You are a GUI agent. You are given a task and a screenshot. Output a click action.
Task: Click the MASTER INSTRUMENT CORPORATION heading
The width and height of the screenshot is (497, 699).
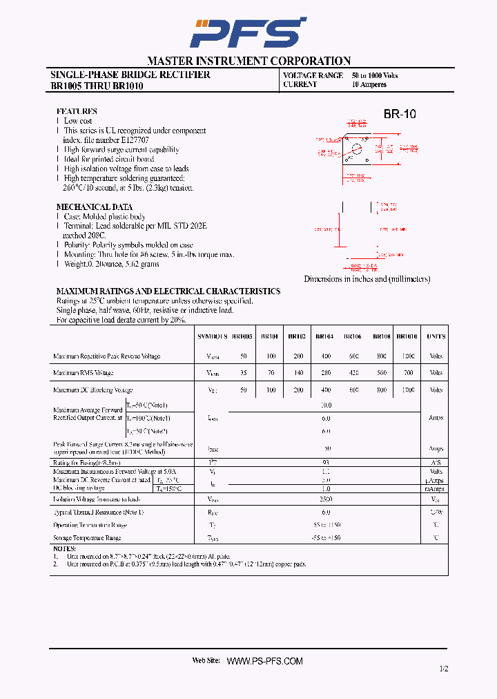point(248,61)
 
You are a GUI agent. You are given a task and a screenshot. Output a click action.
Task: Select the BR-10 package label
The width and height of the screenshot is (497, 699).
point(400,115)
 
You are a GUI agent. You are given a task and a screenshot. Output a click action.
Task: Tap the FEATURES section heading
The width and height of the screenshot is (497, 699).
point(77,111)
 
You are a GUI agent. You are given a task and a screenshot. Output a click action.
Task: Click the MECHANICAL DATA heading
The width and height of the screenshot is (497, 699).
point(94,207)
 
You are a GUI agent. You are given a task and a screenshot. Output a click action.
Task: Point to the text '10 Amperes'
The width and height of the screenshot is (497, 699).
point(369,85)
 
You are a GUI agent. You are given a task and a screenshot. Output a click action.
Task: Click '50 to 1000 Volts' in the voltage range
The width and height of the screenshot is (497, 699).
point(375,75)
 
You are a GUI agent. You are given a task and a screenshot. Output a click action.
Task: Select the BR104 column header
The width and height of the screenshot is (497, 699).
point(324,337)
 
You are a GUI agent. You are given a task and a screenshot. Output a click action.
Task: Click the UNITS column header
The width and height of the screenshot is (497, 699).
point(436,337)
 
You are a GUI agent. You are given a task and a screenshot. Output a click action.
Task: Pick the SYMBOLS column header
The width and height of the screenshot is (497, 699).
point(212,337)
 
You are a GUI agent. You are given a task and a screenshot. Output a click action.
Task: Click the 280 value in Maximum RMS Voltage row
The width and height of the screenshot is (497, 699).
point(324,373)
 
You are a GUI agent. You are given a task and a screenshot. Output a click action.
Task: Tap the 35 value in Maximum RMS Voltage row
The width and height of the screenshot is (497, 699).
point(243,373)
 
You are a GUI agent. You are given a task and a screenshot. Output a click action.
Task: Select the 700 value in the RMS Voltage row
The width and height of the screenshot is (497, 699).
point(409,373)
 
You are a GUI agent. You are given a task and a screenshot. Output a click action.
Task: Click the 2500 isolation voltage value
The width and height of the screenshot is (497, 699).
point(326,499)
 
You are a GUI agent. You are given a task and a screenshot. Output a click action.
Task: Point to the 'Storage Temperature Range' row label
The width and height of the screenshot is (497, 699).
point(87,537)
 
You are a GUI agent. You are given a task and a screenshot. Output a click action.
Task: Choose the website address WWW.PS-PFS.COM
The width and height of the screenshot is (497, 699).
point(265,661)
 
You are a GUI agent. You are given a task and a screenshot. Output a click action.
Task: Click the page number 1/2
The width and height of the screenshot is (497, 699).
point(443,669)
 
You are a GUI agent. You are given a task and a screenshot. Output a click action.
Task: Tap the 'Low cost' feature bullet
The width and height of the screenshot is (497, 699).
point(78,121)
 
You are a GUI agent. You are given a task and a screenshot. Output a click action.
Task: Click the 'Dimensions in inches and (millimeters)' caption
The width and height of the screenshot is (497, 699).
point(367,279)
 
